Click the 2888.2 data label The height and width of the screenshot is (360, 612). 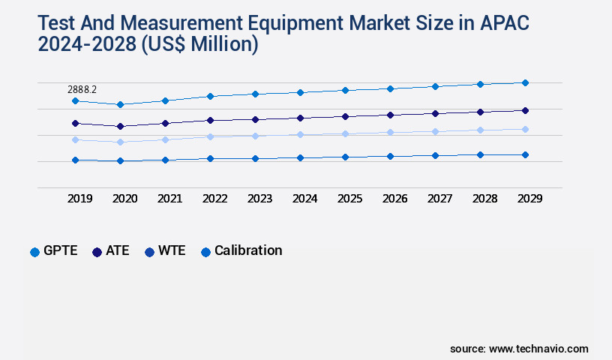(x=83, y=89)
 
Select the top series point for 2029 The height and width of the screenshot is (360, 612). (x=525, y=82)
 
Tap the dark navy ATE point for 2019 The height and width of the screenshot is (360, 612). (x=75, y=123)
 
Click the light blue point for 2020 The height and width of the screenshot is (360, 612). (x=120, y=142)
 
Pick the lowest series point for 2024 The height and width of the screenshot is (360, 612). (x=300, y=157)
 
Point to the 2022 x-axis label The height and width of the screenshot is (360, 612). (x=214, y=199)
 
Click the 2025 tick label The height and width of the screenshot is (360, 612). (x=349, y=199)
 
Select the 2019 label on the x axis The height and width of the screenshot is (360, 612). (x=79, y=199)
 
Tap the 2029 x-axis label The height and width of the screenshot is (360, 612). (x=529, y=199)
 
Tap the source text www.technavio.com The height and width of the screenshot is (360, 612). (x=538, y=349)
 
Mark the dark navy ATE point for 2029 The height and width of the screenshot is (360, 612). (x=525, y=110)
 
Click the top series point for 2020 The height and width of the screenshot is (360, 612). (x=120, y=104)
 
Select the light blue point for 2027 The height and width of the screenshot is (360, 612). (x=435, y=131)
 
